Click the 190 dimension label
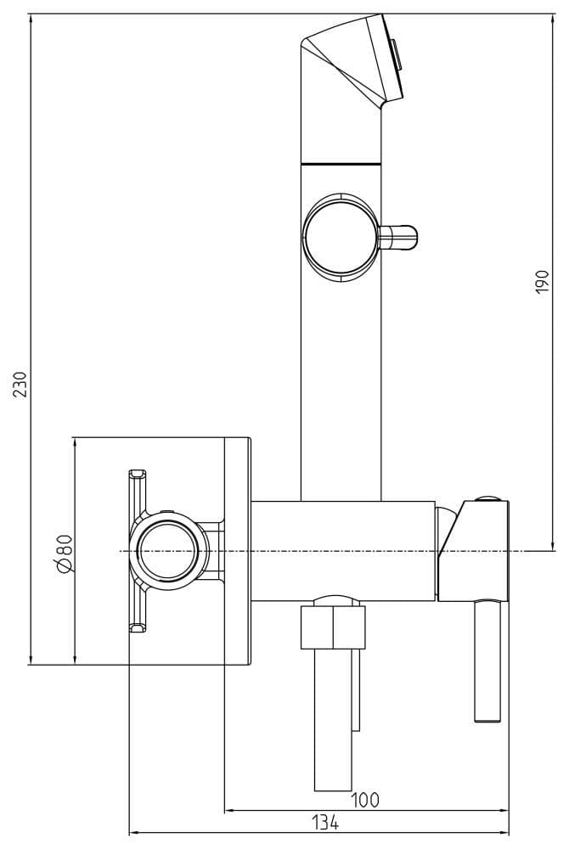544,281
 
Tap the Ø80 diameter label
65,553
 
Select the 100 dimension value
365,800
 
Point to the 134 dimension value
324,822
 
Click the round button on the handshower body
337,235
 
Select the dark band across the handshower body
341,161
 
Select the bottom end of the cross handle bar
137,627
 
